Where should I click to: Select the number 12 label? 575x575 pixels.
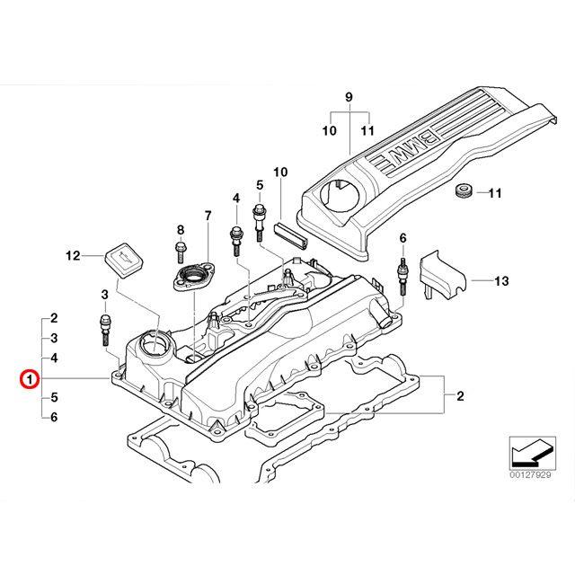point(73,255)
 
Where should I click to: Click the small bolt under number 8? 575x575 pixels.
point(181,252)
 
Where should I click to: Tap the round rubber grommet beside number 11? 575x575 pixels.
point(464,192)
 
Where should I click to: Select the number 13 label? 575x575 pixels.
point(501,281)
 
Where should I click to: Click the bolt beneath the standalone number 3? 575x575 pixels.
point(105,330)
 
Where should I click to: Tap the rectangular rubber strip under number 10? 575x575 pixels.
point(291,234)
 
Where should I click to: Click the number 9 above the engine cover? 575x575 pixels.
point(349,97)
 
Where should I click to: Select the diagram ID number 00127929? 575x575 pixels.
point(530,475)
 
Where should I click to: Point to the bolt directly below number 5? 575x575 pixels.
point(259,222)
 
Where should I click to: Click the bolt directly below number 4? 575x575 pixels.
point(235,242)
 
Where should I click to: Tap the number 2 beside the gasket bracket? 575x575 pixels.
point(460,396)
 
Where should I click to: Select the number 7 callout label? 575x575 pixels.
point(208,216)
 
